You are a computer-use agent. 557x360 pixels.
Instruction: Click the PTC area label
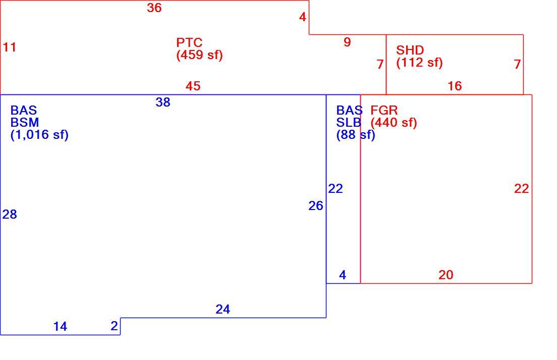click(189, 42)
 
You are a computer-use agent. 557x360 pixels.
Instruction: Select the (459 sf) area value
click(200, 55)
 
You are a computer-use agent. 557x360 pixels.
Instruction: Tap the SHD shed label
click(410, 50)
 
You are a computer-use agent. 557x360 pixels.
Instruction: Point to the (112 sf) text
click(420, 63)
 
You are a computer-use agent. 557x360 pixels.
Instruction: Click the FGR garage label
click(384, 110)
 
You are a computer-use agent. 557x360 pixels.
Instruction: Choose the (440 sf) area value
click(394, 123)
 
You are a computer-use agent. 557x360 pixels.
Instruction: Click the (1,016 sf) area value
click(39, 135)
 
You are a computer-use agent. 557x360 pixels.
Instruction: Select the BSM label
click(25, 122)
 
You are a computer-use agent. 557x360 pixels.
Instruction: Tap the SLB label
click(349, 122)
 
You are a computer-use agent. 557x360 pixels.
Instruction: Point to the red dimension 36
click(154, 8)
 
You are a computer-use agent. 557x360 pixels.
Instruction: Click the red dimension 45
click(193, 86)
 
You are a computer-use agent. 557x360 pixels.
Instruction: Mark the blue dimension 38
click(163, 102)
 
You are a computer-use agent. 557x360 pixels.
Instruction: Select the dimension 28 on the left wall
click(10, 214)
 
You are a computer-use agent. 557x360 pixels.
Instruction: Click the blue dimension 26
click(316, 206)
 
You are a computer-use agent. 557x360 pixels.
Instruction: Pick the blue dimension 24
click(222, 310)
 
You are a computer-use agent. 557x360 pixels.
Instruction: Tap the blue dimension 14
click(60, 327)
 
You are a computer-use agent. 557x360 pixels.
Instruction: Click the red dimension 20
click(446, 275)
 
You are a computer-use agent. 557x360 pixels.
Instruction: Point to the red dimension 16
click(455, 86)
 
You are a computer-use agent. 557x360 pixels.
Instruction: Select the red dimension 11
click(10, 47)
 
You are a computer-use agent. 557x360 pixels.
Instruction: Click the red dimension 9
click(348, 42)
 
